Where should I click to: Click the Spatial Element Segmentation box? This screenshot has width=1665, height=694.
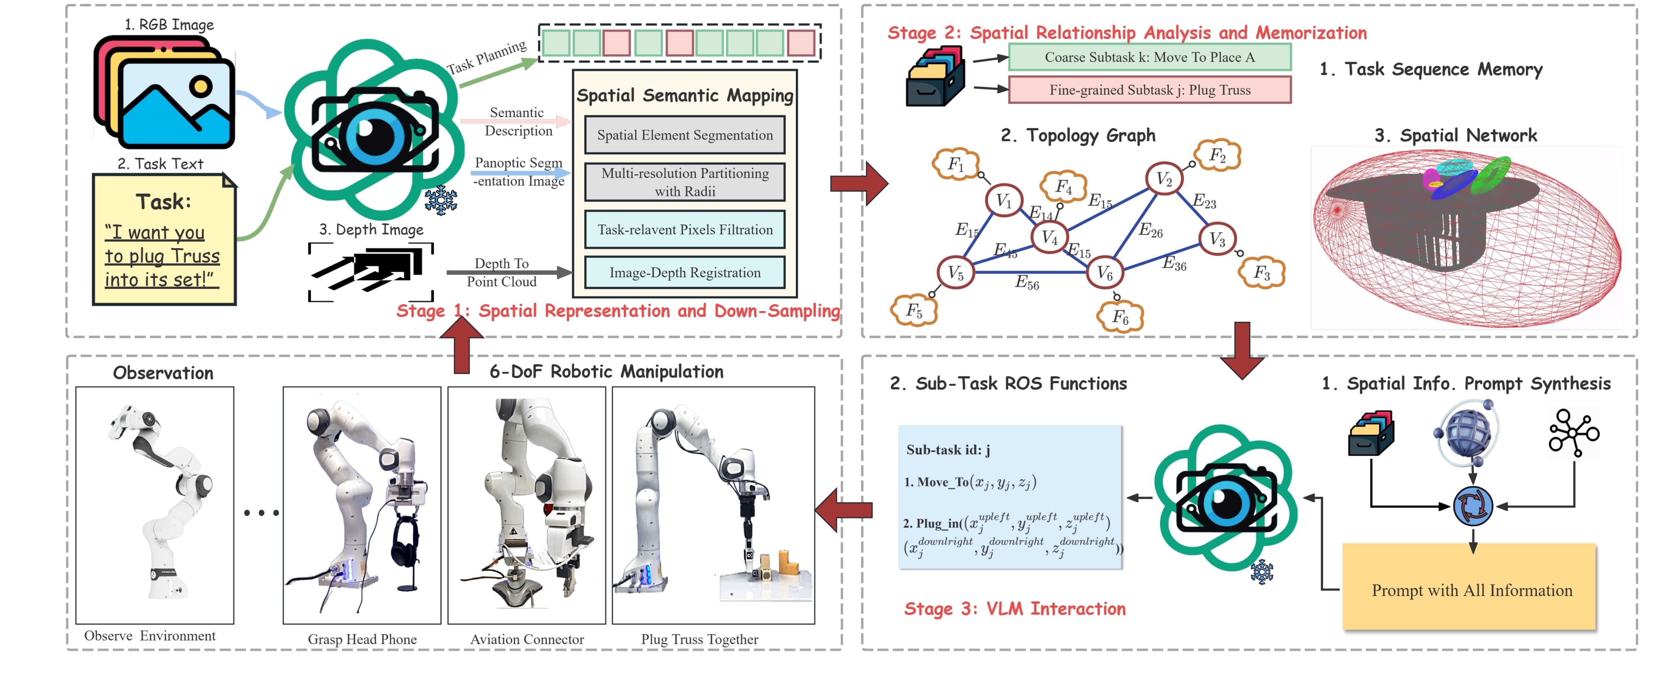coord(684,135)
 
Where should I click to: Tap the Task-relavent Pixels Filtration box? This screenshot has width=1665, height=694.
coord(684,229)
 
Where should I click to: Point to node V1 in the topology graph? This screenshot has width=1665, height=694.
coord(1003,200)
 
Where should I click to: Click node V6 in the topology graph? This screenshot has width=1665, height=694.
coord(1105,273)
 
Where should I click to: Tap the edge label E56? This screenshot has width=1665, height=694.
coord(1027,282)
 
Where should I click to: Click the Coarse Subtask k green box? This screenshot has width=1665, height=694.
coord(1149,57)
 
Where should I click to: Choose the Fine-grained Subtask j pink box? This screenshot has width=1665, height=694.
coord(1149,90)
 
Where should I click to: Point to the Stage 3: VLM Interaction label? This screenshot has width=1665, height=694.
coord(1014,609)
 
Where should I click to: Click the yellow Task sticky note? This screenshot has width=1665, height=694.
coord(164,239)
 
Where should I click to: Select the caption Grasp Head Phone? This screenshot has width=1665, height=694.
coord(362,639)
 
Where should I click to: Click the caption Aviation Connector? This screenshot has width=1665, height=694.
coord(527,639)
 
